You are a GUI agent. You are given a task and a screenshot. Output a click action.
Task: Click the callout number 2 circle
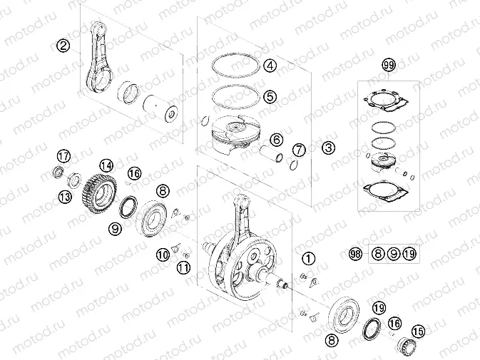tap(64, 46)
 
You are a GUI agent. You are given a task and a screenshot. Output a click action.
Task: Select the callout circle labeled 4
tap(269, 66)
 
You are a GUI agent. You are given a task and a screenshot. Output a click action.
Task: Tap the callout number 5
tap(269, 96)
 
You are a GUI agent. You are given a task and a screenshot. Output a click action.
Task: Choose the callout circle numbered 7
tap(299, 150)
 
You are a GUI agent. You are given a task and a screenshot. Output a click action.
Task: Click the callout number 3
tap(327, 148)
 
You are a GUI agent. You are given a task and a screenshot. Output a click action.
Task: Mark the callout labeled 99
tap(388, 66)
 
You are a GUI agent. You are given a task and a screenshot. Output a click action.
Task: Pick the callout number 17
tap(63, 156)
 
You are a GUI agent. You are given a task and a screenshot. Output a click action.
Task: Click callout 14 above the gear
tap(106, 165)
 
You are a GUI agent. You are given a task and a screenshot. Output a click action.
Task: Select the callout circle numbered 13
tap(65, 197)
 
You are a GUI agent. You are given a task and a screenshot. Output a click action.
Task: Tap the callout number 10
tap(163, 253)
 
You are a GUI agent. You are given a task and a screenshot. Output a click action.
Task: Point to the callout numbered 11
tap(183, 268)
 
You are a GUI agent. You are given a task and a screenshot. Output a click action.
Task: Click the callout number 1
tap(307, 258)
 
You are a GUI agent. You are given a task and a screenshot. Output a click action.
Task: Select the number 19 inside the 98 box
tap(408, 253)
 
